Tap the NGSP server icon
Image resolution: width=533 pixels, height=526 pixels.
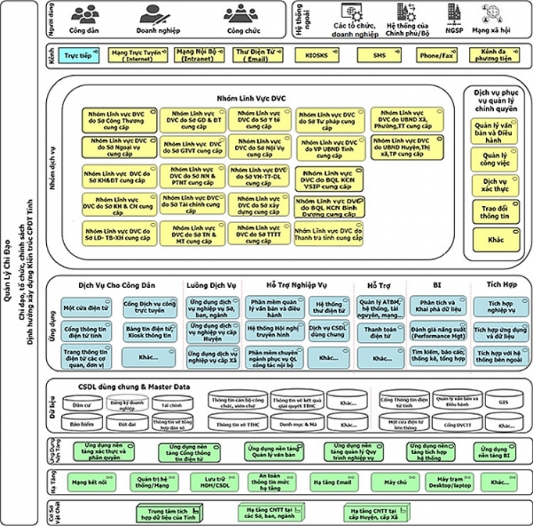pos(455,13)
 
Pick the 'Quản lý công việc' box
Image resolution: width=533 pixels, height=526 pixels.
pos(494,161)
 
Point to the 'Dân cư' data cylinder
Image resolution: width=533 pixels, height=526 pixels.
pos(83,405)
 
